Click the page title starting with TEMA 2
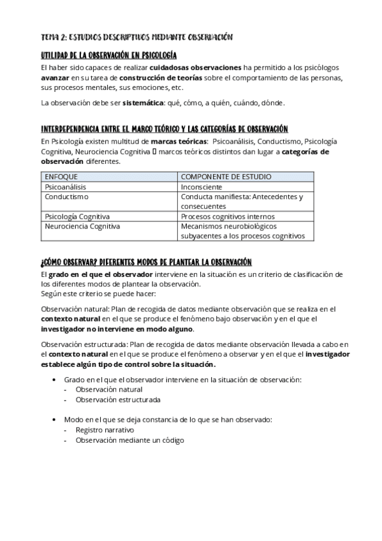[x=136, y=38]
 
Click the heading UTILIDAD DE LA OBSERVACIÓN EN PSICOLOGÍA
[x=108, y=56]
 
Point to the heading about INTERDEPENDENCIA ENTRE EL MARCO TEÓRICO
[x=155, y=129]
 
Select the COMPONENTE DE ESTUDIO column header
[x=226, y=177]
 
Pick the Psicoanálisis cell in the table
[x=65, y=187]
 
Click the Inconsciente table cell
[x=202, y=187]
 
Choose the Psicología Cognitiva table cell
[x=77, y=217]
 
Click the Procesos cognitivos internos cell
[x=228, y=217]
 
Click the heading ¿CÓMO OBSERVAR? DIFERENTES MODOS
[x=146, y=262]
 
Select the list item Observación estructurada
[x=118, y=400]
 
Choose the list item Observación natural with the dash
[x=109, y=390]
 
